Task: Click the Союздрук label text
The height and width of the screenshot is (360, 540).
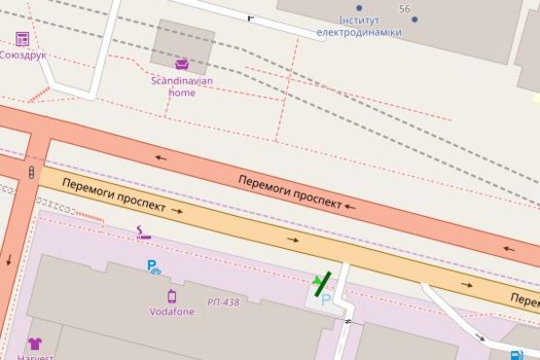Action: (x=22, y=54)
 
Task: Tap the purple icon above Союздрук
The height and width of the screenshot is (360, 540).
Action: (x=22, y=39)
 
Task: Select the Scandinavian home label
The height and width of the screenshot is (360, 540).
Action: (x=173, y=87)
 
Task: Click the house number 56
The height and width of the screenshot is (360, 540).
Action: (x=404, y=8)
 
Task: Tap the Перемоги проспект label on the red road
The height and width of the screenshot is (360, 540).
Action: (x=290, y=193)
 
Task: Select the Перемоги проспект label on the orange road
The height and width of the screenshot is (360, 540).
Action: (x=109, y=197)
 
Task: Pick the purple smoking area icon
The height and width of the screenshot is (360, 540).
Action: (x=144, y=234)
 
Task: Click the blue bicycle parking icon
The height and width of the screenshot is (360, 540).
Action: (x=154, y=268)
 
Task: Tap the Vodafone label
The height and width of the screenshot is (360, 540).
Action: (x=171, y=311)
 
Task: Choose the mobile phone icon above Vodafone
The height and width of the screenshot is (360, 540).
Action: (x=171, y=296)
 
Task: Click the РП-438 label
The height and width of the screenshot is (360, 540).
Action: (x=223, y=303)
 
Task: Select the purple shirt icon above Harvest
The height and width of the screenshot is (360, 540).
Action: (x=35, y=343)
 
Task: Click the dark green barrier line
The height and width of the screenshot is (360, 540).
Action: (x=321, y=283)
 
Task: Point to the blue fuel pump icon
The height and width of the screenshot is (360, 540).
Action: (x=516, y=355)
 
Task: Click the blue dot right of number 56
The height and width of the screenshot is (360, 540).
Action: (x=414, y=19)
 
